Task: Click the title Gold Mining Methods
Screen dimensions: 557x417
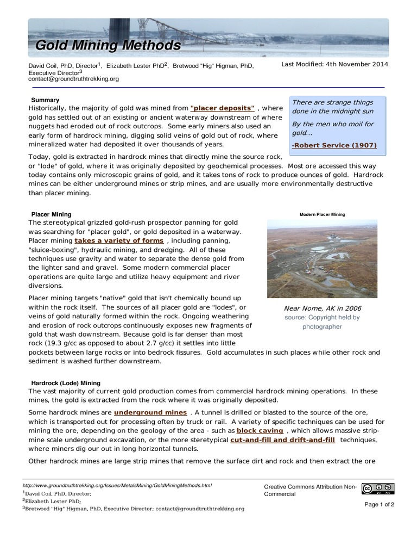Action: (x=108, y=45)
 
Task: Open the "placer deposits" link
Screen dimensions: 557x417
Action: (x=223, y=108)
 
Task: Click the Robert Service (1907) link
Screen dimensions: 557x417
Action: (x=334, y=145)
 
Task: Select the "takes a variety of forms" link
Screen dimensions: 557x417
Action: (x=119, y=240)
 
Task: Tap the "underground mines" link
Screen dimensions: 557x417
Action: (x=150, y=412)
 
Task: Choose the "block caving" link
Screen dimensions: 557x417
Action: (x=260, y=430)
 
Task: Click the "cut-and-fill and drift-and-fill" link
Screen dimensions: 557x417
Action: (x=282, y=440)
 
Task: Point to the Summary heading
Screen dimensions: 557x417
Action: (x=45, y=100)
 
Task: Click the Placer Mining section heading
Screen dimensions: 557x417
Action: (x=51, y=214)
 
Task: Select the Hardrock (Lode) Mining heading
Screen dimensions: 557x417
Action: (x=66, y=383)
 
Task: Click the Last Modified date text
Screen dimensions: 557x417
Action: (x=334, y=64)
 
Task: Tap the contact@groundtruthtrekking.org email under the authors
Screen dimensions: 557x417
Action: (x=73, y=79)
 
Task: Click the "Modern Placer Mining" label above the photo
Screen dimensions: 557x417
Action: (x=322, y=214)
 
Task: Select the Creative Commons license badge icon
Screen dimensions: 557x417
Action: (x=378, y=489)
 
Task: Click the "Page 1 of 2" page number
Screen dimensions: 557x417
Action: (x=379, y=504)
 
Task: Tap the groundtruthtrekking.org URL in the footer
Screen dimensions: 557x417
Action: (x=117, y=485)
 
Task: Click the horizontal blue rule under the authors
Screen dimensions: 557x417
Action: (x=208, y=87)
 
